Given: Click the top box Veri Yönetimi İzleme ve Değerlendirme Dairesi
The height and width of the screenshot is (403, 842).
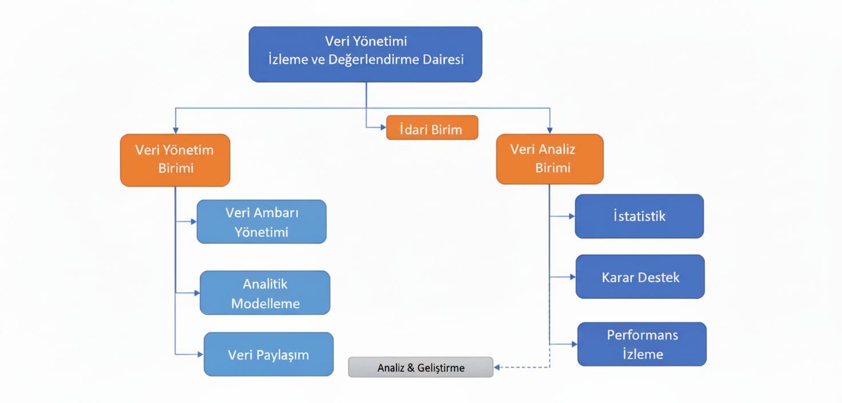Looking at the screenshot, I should (x=365, y=54).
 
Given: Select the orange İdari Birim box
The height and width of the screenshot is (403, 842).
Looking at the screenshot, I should (x=432, y=128).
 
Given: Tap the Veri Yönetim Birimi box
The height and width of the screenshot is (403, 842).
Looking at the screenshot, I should (x=175, y=160).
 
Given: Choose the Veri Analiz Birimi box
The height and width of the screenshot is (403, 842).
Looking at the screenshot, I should (x=549, y=159).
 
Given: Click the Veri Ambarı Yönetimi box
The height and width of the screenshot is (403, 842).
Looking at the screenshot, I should (x=261, y=222).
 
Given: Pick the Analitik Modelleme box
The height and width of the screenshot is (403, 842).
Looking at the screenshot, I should (x=265, y=293).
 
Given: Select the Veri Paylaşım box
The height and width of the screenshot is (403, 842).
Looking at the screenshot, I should (x=268, y=354).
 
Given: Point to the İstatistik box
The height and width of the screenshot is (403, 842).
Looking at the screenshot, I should (x=639, y=216).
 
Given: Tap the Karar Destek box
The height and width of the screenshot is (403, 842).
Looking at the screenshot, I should (x=640, y=276).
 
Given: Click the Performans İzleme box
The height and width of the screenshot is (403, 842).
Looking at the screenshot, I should (x=642, y=344).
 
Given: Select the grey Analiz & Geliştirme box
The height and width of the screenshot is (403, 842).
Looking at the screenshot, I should (x=420, y=367).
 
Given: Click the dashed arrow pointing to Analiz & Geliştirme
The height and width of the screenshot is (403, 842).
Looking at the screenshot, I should (x=521, y=367).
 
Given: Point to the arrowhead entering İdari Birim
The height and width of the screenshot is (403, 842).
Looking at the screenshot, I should (x=383, y=128).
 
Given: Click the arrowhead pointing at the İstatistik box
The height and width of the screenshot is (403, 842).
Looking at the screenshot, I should (x=571, y=216).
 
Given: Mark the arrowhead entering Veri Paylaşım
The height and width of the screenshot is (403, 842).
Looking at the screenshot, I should (x=200, y=354).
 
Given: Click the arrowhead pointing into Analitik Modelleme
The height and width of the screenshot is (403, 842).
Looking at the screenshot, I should (x=197, y=293).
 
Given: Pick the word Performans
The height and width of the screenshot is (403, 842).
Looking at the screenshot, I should (x=642, y=335).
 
